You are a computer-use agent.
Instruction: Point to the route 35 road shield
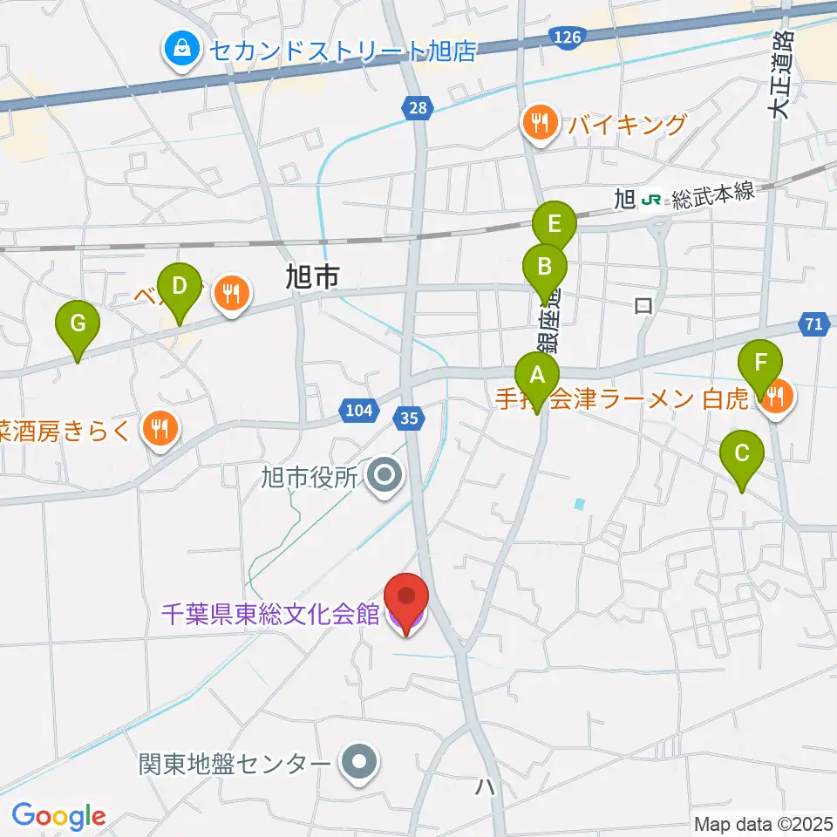409,418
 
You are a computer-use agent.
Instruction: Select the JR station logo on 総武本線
650,200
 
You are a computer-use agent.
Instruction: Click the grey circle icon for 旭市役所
384,475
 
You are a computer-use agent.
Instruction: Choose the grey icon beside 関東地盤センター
357,764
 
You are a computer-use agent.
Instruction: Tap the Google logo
58,816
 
